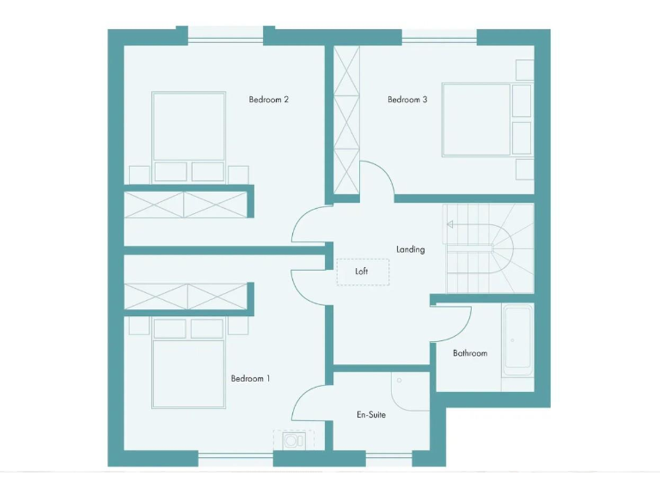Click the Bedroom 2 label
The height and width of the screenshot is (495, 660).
coord(268,100)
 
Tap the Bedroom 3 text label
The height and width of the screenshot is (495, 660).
coord(407,100)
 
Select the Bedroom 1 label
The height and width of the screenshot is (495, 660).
coord(250,378)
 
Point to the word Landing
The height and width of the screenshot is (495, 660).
coord(410,249)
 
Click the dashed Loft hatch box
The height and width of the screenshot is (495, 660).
coord(362,272)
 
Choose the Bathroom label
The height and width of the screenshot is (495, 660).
coord(469,353)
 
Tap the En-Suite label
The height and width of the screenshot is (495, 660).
coord(371,414)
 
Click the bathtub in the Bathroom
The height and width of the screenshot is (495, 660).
coord(518,339)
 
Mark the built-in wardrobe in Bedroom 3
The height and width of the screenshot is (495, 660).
coord(346,120)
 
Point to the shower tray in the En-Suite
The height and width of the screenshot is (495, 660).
coord(409,392)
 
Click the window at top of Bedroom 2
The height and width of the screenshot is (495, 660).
coord(225,34)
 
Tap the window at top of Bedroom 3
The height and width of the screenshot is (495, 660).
coord(439,35)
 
